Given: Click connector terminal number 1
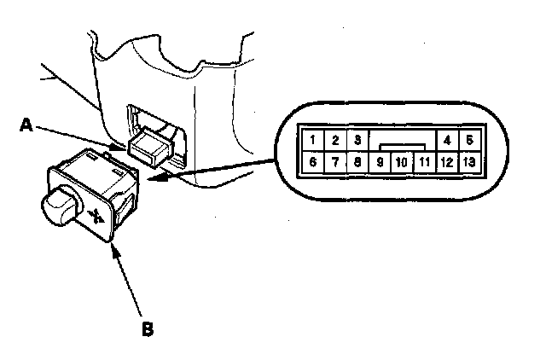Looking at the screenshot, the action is coord(314,139).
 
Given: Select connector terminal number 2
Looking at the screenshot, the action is coord(336,139).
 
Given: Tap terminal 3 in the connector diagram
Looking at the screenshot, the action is coord(357,139).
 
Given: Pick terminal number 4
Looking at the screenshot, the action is coord(446,139).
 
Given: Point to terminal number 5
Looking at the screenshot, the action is coord(468,139).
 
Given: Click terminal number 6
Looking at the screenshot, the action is coord(314,161).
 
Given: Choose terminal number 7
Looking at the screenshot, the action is coord(336,161).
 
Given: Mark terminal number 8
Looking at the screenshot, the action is coord(357,161).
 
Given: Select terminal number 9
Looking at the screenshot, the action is coord(380,161).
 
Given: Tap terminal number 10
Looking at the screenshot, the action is coord(401,161).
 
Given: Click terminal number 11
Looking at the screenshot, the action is coord(424,161).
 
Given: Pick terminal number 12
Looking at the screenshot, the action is coord(446,161).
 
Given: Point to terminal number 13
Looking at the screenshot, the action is coord(468,161).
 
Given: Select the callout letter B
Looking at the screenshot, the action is coord(148,327).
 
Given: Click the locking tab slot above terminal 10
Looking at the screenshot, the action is coord(401,147).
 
